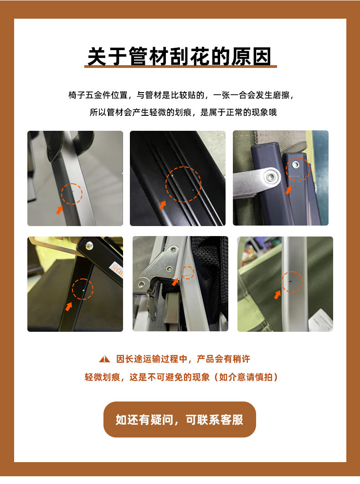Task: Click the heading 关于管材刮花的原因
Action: tap(180, 57)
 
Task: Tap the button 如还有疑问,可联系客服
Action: tap(180, 419)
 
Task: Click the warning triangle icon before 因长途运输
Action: tap(105, 359)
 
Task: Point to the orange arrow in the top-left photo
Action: tap(59, 209)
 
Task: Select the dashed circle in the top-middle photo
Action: tap(183, 184)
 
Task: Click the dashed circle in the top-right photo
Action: tap(298, 169)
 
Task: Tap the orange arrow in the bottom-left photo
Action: tap(69, 306)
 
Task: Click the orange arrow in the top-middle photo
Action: tap(163, 205)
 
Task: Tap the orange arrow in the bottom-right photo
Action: tap(277, 295)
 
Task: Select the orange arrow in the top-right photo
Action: tap(288, 189)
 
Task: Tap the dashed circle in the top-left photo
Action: tap(72, 194)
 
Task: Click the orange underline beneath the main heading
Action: tap(180, 67)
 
